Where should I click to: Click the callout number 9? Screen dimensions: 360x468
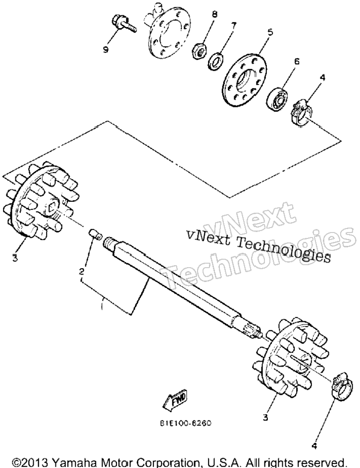point(106,49)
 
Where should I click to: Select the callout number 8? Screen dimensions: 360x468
point(214,14)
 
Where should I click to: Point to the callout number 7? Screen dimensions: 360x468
point(233,25)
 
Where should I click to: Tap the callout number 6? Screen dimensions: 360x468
point(296,61)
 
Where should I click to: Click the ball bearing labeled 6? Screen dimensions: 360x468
point(276,98)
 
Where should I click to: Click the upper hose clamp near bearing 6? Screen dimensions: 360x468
point(301,114)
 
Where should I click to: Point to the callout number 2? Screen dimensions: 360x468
point(81,271)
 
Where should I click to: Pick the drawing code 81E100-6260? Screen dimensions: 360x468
point(185,423)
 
